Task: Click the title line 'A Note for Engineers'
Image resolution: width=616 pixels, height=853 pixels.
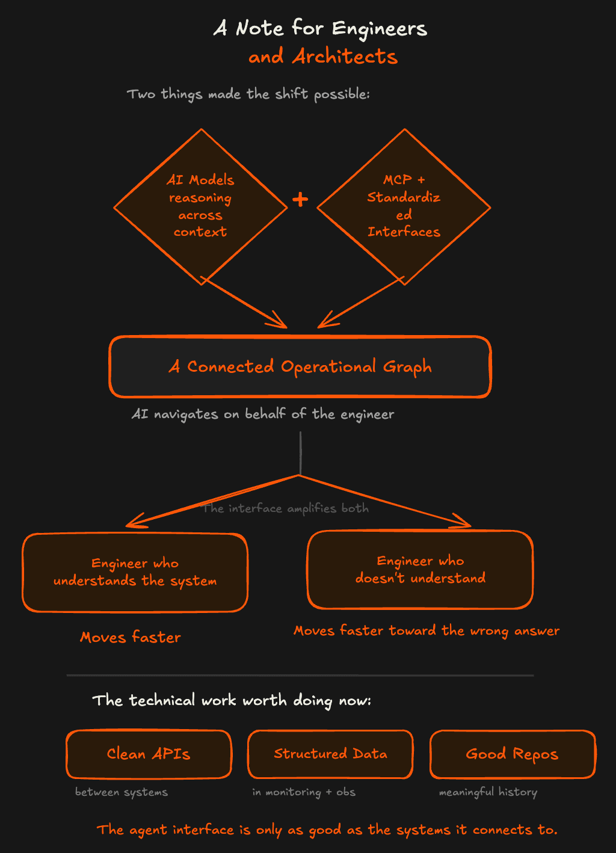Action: (320, 28)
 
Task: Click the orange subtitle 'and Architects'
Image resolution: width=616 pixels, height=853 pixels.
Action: (323, 57)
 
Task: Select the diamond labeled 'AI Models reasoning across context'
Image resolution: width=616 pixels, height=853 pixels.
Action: (200, 206)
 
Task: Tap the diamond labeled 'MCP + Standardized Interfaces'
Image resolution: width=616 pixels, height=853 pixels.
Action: (404, 206)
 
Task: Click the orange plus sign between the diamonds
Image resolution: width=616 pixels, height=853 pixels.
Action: (300, 199)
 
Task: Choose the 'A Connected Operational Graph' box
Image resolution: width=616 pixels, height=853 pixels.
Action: (300, 367)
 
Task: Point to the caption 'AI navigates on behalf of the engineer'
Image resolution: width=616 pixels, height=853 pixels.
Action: (263, 414)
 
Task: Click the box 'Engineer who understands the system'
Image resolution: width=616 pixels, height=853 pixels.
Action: (135, 573)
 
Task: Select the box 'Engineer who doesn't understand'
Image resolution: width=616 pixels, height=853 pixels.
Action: (420, 570)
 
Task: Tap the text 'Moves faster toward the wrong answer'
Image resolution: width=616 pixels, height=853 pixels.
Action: (427, 630)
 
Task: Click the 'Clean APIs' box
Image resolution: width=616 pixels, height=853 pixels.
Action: (149, 754)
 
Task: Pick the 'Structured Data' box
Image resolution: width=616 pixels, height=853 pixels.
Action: (330, 754)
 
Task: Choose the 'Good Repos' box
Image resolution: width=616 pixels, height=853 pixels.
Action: (512, 754)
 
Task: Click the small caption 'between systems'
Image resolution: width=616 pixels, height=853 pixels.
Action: (122, 792)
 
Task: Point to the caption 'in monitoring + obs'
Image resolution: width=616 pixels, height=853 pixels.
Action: (304, 792)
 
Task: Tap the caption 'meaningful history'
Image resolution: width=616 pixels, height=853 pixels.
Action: (488, 792)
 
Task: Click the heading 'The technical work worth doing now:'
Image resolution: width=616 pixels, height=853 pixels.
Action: (232, 701)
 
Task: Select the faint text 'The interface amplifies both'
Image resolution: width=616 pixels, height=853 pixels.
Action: (285, 508)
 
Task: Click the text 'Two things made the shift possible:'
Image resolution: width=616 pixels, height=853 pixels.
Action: (248, 94)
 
